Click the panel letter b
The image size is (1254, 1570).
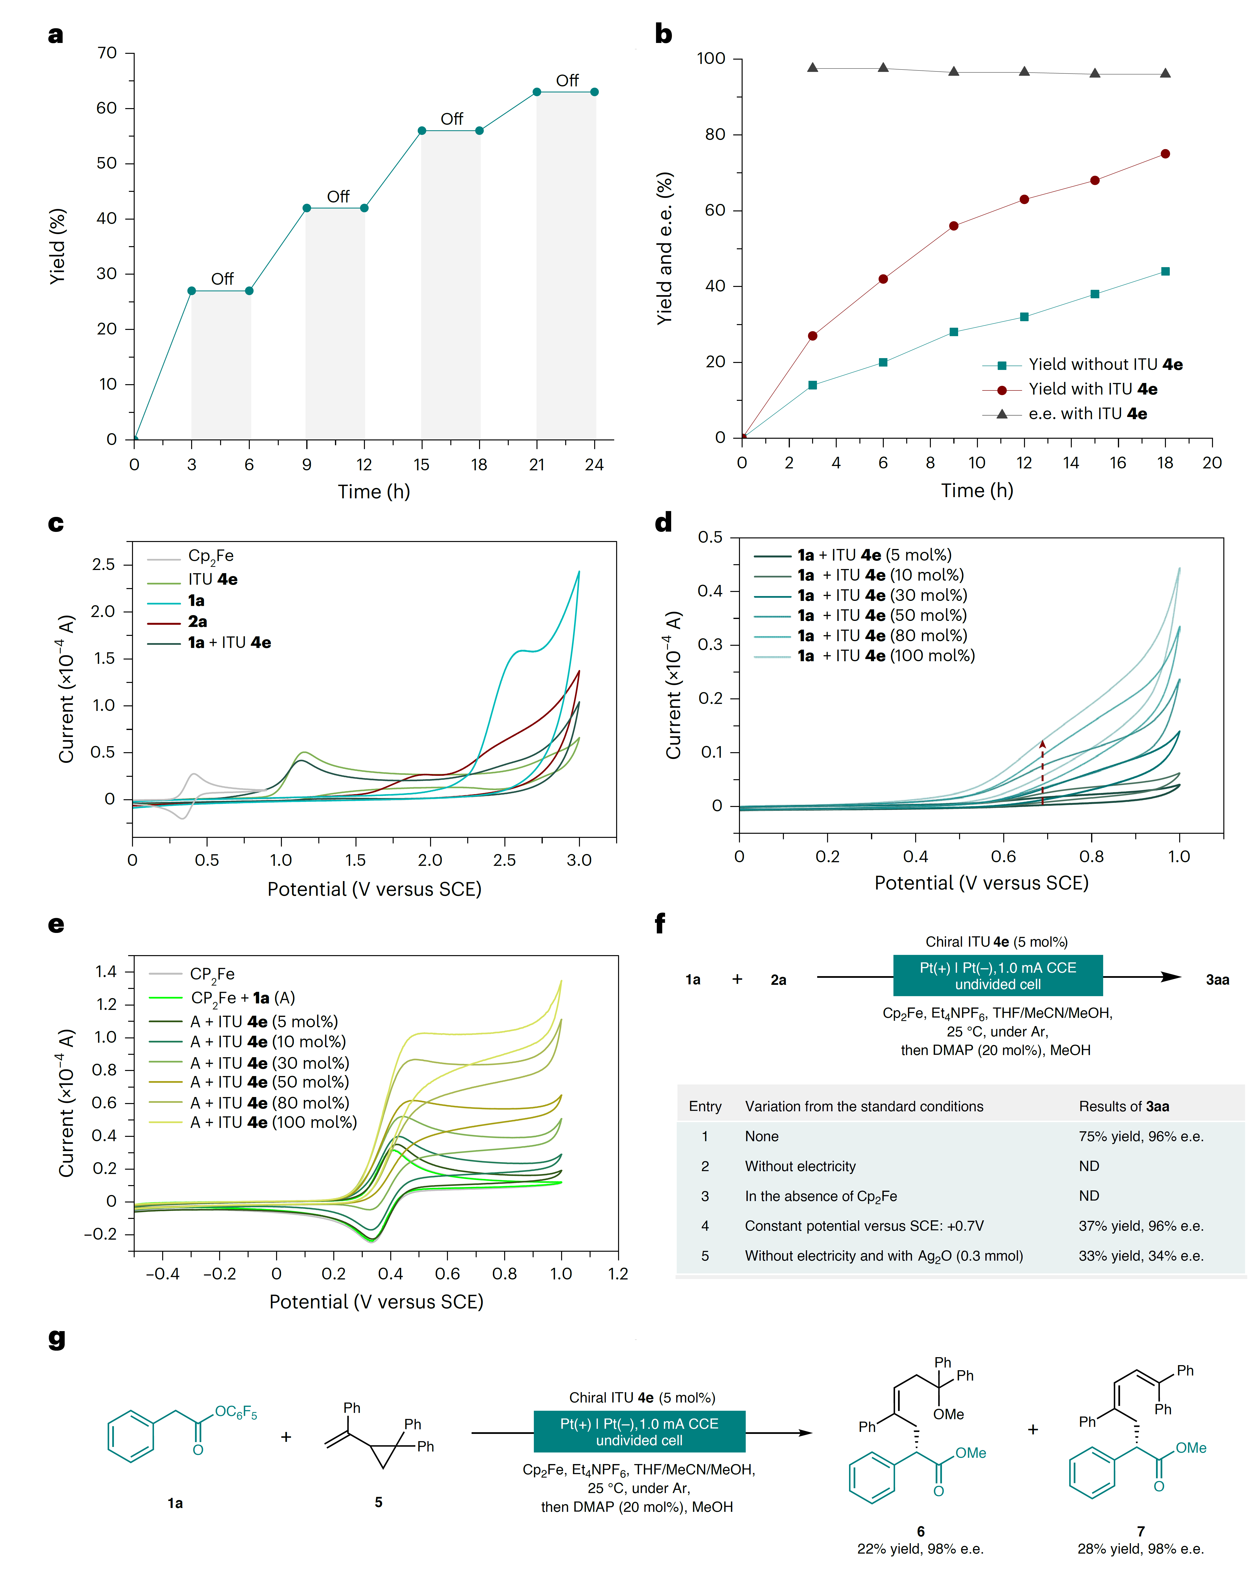663,34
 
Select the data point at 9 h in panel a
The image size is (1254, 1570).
307,208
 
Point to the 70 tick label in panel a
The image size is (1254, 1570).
107,53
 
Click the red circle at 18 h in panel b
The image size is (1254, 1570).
1165,154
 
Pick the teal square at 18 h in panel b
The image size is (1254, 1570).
1165,272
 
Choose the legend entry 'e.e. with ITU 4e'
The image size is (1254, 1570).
1087,414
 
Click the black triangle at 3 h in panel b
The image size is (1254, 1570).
813,68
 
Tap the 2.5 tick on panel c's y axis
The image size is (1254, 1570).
103,564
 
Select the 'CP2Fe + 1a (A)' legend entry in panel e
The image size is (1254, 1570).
242,998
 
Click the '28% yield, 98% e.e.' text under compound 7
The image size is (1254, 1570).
1140,1549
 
